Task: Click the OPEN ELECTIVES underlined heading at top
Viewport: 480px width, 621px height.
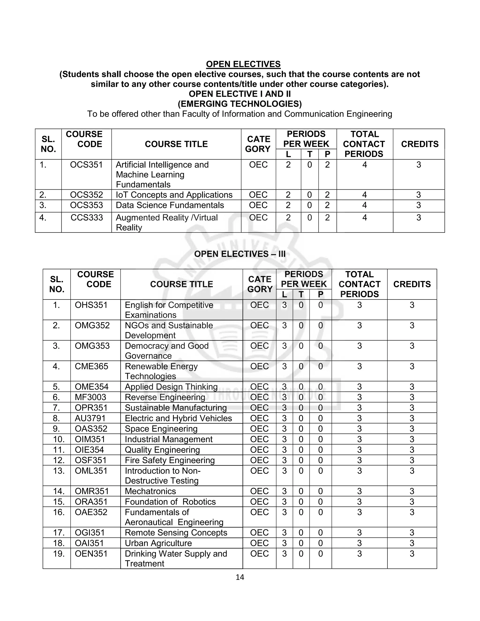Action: click(x=243, y=64)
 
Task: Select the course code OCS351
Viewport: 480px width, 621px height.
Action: click(x=86, y=165)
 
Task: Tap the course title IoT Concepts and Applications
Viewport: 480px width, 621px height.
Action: click(x=174, y=195)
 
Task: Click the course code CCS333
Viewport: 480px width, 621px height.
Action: click(x=87, y=217)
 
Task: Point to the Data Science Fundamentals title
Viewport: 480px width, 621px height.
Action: click(x=170, y=205)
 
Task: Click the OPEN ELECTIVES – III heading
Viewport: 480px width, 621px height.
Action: click(x=240, y=254)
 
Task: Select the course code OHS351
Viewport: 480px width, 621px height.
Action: click(x=91, y=305)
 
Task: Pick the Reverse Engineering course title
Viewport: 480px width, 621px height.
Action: click(x=165, y=397)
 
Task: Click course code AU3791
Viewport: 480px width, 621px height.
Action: click(x=90, y=418)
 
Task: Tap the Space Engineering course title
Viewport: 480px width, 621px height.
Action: click(x=161, y=429)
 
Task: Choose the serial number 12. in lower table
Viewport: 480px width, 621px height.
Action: click(x=59, y=460)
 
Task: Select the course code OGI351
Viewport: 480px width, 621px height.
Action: click(x=90, y=533)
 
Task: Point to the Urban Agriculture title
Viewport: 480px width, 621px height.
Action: click(x=158, y=543)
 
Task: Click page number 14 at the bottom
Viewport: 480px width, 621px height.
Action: click(x=240, y=577)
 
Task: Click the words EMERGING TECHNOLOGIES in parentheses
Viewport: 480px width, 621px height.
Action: click(x=240, y=104)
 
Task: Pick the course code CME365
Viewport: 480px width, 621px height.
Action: click(x=91, y=366)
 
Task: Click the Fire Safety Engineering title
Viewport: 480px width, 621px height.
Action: click(x=169, y=460)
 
